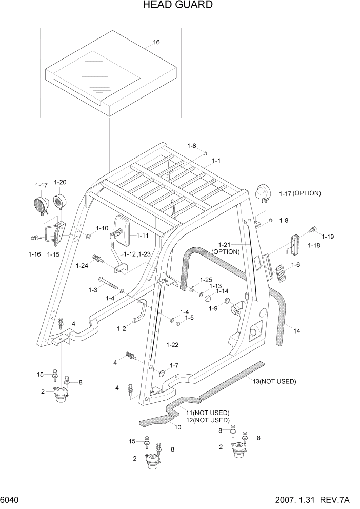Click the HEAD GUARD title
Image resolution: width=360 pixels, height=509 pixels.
click(179, 6)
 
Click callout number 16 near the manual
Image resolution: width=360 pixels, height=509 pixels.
click(156, 42)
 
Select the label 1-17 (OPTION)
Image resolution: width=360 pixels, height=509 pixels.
click(300, 193)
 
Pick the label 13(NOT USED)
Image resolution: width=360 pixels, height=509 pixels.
click(274, 381)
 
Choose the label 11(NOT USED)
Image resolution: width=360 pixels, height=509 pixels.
click(208, 413)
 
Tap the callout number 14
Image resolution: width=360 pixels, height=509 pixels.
click(296, 331)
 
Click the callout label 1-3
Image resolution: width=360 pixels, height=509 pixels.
click(92, 290)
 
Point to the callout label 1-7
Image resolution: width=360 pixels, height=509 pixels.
click(174, 366)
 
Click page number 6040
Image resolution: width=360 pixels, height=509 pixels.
click(11, 500)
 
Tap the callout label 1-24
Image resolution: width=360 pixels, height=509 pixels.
click(82, 265)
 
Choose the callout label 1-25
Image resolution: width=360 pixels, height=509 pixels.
click(206, 279)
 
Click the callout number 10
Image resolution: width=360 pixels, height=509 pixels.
click(178, 427)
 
